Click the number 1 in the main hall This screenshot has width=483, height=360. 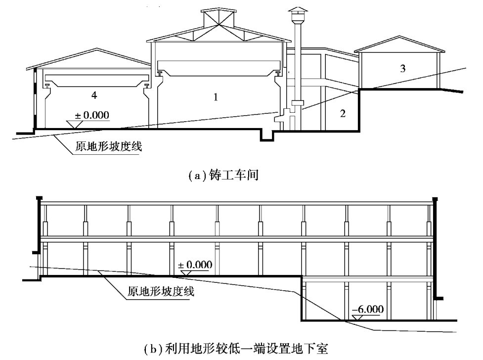(x=216, y=98)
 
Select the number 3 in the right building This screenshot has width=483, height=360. (x=403, y=69)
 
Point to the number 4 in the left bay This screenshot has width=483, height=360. (x=94, y=93)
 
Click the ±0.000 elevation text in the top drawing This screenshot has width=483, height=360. (x=91, y=116)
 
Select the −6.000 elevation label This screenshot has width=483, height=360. (x=367, y=310)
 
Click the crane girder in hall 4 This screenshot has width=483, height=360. (x=95, y=79)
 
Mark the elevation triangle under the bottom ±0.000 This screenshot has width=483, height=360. (x=186, y=272)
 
